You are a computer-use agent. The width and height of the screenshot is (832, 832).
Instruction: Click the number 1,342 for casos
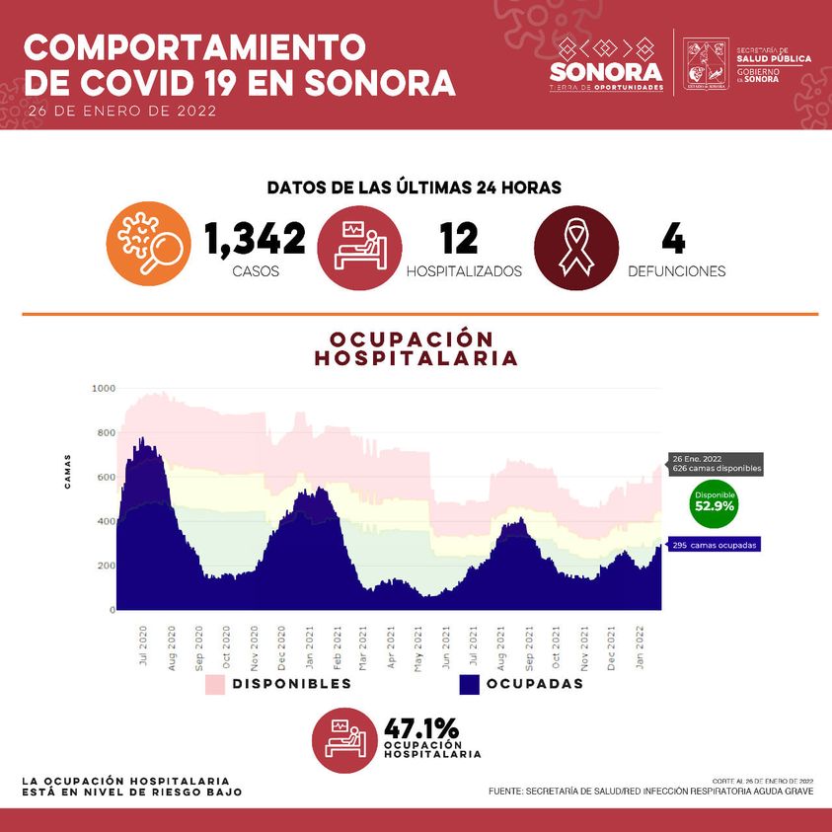pos(255,239)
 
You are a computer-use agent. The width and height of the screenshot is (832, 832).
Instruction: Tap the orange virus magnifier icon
pos(148,245)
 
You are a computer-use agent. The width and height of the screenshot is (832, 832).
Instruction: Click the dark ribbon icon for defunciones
pos(575,246)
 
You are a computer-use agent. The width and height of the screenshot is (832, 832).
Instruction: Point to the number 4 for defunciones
pos(674,239)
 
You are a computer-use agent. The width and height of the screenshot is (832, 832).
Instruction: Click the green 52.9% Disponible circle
pos(715,502)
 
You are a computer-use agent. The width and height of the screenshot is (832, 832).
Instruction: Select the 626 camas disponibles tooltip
pos(716,464)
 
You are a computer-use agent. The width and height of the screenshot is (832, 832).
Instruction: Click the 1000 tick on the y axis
pos(104,389)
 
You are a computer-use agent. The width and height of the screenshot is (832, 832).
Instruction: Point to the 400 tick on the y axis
pos(106,521)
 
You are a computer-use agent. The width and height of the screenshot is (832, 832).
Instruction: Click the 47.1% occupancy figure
pos(421,729)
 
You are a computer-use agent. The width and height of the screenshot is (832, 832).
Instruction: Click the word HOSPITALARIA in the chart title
pos(416,358)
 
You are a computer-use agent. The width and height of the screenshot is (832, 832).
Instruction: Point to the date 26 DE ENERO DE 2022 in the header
pos(122,111)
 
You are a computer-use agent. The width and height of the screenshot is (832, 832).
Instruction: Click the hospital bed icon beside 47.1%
pos(344,738)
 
